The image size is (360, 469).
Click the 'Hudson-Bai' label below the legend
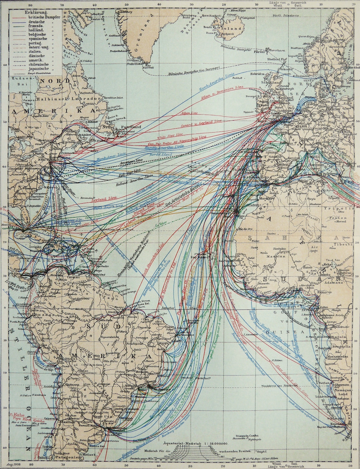coord(21,80)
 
